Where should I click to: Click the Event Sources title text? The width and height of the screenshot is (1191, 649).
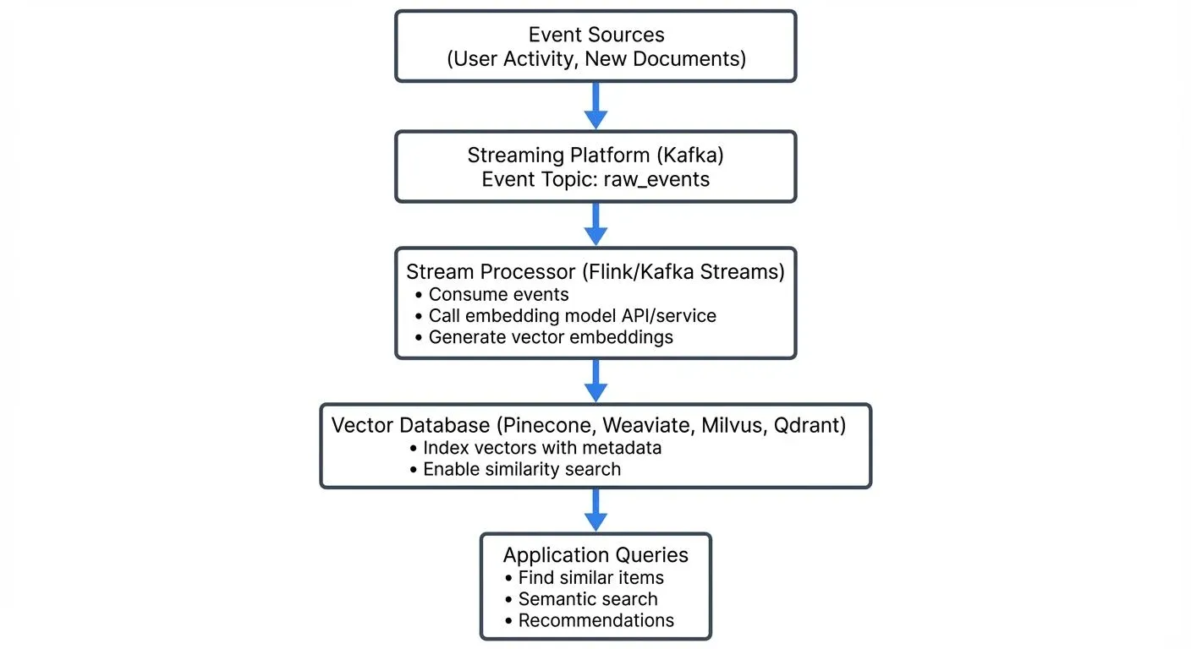point(595,35)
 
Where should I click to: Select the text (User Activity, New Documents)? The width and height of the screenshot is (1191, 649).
point(595,59)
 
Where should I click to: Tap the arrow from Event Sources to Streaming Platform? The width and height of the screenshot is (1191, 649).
point(595,106)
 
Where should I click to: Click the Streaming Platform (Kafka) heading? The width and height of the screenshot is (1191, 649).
point(595,155)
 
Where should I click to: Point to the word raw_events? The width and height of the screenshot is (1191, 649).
point(656,180)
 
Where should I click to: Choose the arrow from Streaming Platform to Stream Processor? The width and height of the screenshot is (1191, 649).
point(595,224)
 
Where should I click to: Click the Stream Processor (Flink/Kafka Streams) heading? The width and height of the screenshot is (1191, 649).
point(595,272)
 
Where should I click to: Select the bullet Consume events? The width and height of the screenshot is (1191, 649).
point(498,294)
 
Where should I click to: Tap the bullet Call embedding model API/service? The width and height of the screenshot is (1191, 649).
point(572,316)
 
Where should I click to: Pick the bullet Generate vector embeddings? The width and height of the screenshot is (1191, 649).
point(551,337)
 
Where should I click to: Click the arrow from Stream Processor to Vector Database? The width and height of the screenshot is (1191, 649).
point(595,380)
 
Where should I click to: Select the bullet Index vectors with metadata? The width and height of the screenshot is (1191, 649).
point(541,448)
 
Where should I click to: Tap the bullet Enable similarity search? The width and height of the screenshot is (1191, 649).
point(522,469)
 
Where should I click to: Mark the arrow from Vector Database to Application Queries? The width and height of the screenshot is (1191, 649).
point(595,510)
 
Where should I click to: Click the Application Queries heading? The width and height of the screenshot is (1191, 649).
point(595,555)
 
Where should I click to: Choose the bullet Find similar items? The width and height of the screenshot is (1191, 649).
point(590,578)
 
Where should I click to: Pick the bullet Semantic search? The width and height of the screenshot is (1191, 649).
point(588,599)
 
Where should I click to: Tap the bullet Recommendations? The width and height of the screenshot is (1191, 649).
point(595,620)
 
